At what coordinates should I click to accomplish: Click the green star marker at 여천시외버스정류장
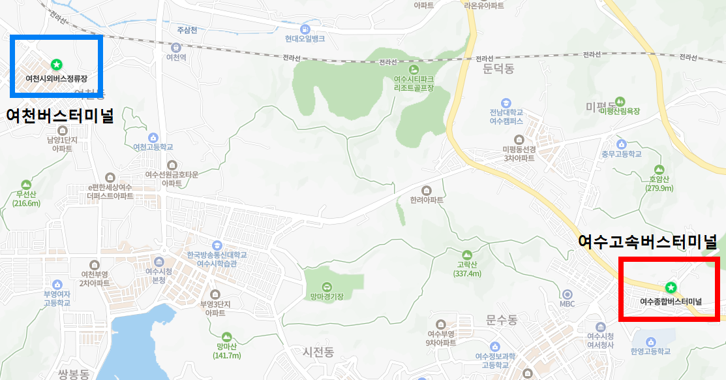click(x=56, y=64)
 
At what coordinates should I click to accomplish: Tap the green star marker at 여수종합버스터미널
click(x=670, y=287)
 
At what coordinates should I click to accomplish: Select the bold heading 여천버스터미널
click(x=60, y=116)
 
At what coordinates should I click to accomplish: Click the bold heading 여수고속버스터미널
click(x=648, y=242)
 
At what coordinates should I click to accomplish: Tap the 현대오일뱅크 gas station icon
click(x=305, y=29)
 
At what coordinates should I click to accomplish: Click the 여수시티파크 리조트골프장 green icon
click(x=414, y=69)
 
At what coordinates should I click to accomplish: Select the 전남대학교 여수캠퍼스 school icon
click(x=506, y=103)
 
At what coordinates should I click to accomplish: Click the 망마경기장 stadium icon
click(x=327, y=287)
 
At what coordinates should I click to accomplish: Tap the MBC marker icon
click(x=567, y=294)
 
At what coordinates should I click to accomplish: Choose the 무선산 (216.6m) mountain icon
click(x=26, y=185)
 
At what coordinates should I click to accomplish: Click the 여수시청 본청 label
click(x=159, y=276)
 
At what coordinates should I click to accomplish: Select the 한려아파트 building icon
click(x=427, y=189)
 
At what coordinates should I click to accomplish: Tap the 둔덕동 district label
click(x=499, y=68)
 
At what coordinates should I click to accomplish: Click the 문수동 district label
click(x=501, y=320)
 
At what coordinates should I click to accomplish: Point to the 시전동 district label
click(x=318, y=352)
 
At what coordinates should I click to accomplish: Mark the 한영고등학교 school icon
click(x=650, y=341)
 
